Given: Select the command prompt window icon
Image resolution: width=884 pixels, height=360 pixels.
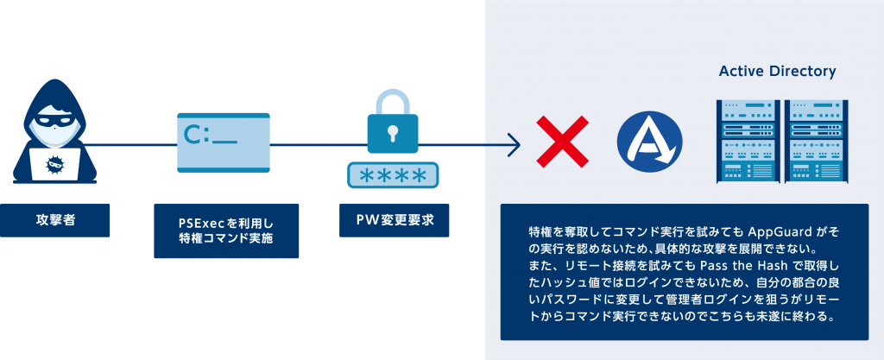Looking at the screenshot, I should point(220,149).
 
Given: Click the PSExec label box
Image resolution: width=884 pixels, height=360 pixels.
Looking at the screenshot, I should point(226,231).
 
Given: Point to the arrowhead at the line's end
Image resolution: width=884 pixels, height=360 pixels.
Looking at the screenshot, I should point(516,143).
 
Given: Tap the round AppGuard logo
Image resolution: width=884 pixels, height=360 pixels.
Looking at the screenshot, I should point(649,141).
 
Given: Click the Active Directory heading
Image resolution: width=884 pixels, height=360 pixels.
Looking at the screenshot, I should point(777,71).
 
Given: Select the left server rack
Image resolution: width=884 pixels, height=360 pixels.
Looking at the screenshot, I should point(744,141).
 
